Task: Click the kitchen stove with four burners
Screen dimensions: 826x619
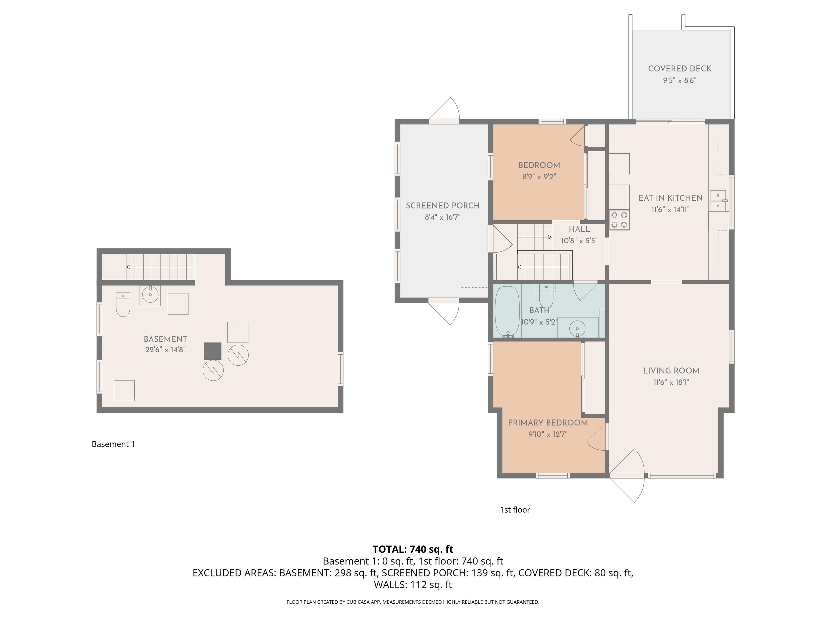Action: pos(619,220)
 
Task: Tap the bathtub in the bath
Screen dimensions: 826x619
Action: pos(507,312)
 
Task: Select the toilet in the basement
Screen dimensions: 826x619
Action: pos(123,304)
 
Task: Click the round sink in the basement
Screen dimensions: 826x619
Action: pos(150,296)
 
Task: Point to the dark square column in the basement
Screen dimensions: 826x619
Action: pos(212,351)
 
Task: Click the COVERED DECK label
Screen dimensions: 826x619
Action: pos(680,69)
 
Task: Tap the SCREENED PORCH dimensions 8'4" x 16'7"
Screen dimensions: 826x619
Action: pos(443,217)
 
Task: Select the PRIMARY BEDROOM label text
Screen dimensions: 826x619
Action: pos(548,423)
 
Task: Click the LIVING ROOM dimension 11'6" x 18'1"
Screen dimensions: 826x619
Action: pos(671,382)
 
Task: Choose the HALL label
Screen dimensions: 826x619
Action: pos(579,229)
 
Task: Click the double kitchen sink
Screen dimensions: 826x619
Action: pos(718,201)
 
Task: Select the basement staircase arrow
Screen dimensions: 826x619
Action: pos(161,267)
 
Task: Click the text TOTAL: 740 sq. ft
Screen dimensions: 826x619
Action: pos(413,549)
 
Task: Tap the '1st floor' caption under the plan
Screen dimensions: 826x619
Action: pos(515,510)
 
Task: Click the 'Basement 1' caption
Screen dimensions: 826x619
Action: pos(113,444)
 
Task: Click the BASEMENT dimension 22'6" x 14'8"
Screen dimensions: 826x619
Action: pos(165,350)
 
